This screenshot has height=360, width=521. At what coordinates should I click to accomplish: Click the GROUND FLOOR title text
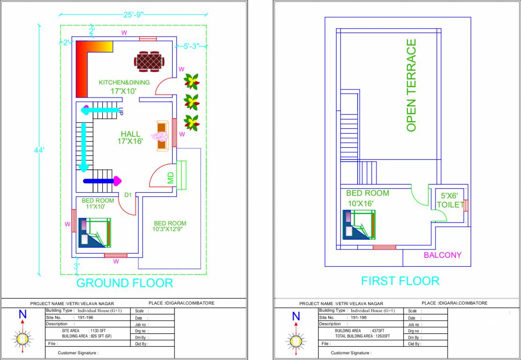tap(124, 283)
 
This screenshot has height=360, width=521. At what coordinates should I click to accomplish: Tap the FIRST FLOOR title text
tap(400, 281)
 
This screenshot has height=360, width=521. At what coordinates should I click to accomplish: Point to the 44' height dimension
tap(39, 150)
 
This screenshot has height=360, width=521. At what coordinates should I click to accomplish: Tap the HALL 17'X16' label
tap(130, 137)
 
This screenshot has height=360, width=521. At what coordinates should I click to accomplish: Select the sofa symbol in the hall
tap(162, 135)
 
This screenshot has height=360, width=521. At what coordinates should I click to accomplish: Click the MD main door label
tap(171, 178)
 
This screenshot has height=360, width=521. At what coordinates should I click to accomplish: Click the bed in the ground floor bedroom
tap(95, 232)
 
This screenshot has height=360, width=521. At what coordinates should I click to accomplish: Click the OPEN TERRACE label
tap(411, 85)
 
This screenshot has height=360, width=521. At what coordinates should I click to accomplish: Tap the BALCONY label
tap(442, 255)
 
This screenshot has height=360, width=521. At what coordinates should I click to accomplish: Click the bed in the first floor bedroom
tap(359, 225)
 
